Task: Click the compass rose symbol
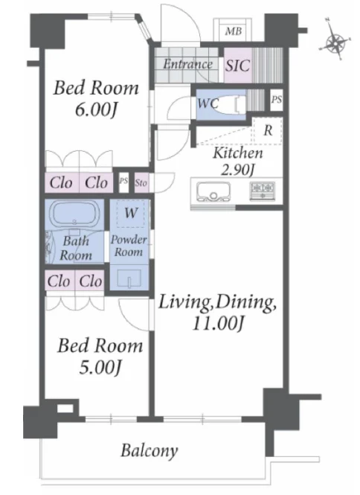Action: coord(335,42)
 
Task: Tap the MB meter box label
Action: coord(234,31)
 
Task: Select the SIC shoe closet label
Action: coord(237,66)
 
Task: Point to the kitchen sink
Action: coord(213,191)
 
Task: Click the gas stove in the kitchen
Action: coord(262,191)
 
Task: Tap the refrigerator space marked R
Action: coord(268,130)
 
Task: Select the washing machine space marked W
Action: coord(131,213)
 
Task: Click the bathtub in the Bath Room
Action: coord(75,215)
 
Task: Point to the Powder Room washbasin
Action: coord(129,278)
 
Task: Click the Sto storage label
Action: coord(141,183)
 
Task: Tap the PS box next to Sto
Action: coord(123,182)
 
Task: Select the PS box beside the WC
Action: coord(277,100)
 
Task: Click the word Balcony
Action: coord(150,450)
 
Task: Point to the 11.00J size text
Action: coord(219,323)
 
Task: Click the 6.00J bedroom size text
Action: coord(96,109)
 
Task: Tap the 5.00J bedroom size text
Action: coord(100,368)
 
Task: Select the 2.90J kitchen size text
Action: coord(237,170)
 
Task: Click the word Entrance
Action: coord(187,65)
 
